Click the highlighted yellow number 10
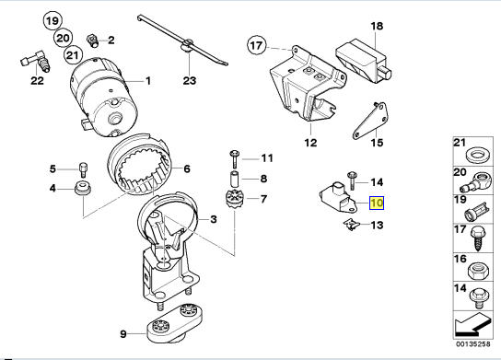pyautogui.click(x=377, y=203)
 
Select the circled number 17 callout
pyautogui.click(x=256, y=46)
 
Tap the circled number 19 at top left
pyautogui.click(x=52, y=21)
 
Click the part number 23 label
pyautogui.click(x=189, y=80)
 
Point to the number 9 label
pyautogui.click(x=123, y=334)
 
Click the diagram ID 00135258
pyautogui.click(x=472, y=344)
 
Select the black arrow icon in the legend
pyautogui.click(x=472, y=324)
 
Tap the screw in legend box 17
pyautogui.click(x=478, y=238)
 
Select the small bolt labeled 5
pyautogui.click(x=83, y=169)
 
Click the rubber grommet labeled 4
pyautogui.click(x=83, y=188)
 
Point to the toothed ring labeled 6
pyautogui.click(x=139, y=167)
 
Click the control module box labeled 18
pyautogui.click(x=363, y=61)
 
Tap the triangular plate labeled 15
pyautogui.click(x=370, y=122)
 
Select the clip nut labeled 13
pyautogui.click(x=352, y=225)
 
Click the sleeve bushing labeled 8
pyautogui.click(x=234, y=179)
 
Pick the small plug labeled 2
pyautogui.click(x=93, y=41)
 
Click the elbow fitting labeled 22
pyautogui.click(x=36, y=61)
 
